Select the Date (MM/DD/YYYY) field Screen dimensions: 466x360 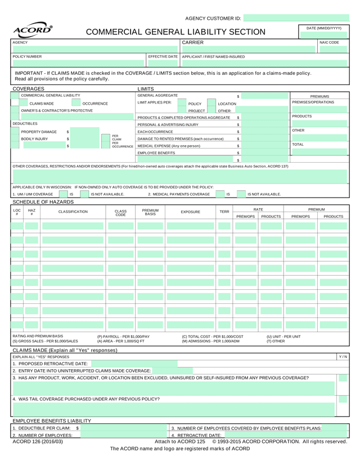tap(323, 35)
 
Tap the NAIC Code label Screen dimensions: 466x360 tap(329, 42)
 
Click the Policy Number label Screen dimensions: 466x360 tap(27, 57)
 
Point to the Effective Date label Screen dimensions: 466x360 tap(163, 57)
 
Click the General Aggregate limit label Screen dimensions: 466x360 tap(157, 96)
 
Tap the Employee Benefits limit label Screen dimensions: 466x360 tap(156, 153)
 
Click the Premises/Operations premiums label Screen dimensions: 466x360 tap(313, 102)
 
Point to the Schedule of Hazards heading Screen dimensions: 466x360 tap(43, 201)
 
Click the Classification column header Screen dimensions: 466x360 tap(73, 212)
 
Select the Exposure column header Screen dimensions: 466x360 tap(190, 212)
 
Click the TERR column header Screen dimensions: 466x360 tap(224, 212)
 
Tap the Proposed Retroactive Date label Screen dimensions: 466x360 tap(50, 364)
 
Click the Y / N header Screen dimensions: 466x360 tap(343, 357)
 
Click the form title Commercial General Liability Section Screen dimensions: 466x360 tap(175, 33)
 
